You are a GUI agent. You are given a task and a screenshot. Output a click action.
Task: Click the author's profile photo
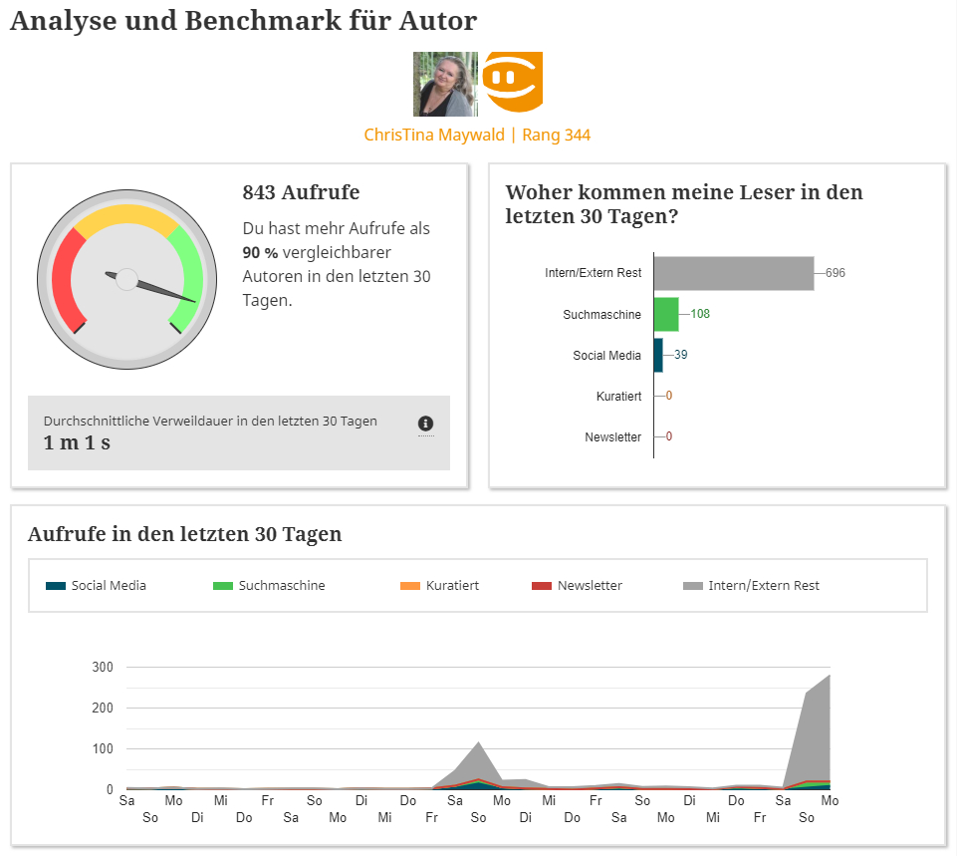pos(445,84)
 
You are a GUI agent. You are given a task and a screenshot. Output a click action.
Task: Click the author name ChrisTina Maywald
pos(435,135)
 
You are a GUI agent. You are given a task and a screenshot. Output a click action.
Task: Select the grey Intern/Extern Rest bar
pos(733,273)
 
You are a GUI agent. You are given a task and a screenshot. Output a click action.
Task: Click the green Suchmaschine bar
pos(666,314)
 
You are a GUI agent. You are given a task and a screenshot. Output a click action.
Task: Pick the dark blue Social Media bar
pos(658,355)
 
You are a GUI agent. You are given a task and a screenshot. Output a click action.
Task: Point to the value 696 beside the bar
pos(835,273)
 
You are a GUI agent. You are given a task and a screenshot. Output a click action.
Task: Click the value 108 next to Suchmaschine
pos(700,314)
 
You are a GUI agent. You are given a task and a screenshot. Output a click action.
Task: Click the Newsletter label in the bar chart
pos(613,436)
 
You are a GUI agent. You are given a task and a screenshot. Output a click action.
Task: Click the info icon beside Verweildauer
pos(426,424)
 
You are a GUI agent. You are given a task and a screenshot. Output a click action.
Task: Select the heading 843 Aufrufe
pos(301,192)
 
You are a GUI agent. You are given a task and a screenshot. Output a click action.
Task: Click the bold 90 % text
pos(260,252)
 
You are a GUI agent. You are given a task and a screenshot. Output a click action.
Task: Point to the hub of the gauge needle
pos(126,279)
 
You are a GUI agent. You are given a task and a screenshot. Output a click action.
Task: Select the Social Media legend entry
pos(108,586)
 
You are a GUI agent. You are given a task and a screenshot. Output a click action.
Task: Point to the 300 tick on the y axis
pos(102,668)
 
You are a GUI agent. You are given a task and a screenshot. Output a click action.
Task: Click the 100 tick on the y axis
pos(102,748)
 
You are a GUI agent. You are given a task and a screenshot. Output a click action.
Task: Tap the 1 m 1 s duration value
pos(77,442)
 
